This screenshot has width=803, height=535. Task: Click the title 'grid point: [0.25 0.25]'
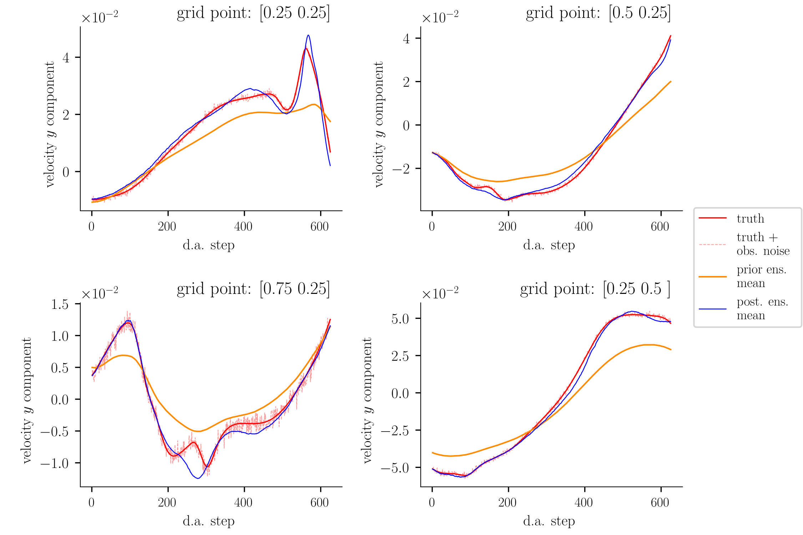253,13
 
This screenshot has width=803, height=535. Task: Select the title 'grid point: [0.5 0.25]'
598,13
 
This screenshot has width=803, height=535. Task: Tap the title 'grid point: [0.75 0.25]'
253,289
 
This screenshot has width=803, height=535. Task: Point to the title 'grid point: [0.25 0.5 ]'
595,289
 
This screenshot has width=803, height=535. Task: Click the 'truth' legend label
750,218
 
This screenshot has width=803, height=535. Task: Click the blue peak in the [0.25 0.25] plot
308,35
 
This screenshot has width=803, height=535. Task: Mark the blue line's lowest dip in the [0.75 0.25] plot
198,478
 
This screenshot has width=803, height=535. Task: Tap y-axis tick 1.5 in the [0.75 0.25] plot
60,304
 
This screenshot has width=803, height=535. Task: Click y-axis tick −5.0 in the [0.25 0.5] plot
395,468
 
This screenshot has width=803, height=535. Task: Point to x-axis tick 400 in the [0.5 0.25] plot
584,226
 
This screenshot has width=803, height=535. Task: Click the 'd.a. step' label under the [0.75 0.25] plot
208,521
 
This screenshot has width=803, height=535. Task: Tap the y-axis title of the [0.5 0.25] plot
379,124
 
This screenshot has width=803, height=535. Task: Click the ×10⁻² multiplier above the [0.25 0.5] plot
440,294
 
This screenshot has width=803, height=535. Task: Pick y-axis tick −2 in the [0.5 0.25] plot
401,169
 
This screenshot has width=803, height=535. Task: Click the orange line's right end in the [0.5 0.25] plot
671,82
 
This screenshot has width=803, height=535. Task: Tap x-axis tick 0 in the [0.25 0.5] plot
432,503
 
